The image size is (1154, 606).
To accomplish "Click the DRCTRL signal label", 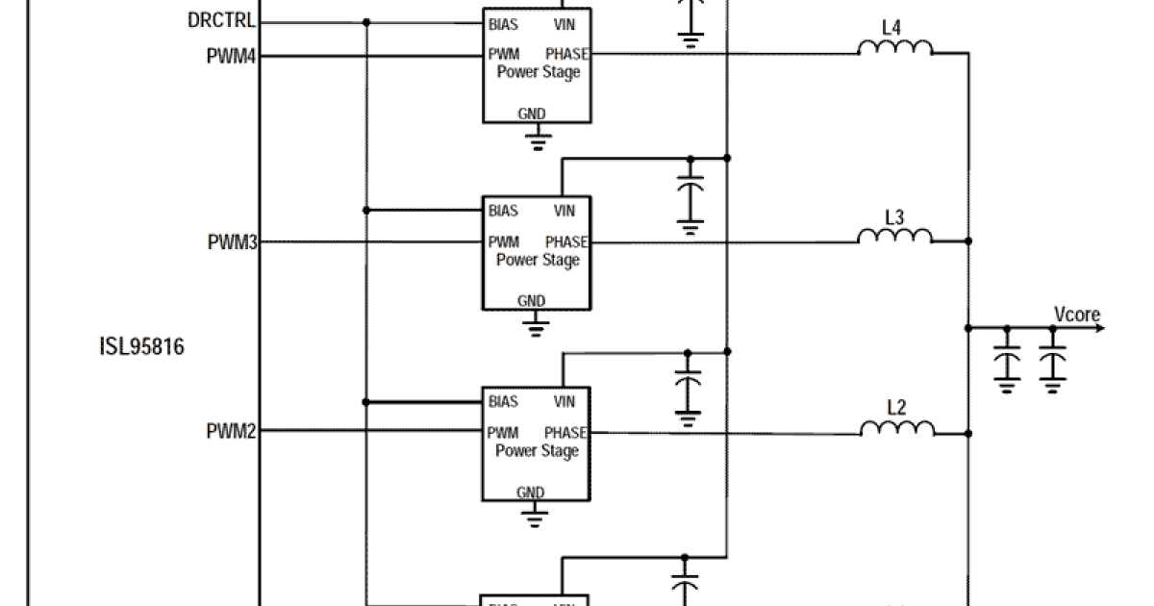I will (x=222, y=20).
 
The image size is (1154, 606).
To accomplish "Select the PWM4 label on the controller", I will (x=231, y=56).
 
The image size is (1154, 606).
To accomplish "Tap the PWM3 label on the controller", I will (x=232, y=241).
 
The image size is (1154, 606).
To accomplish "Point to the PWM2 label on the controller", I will (x=231, y=431).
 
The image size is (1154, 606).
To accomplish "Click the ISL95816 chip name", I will (x=141, y=346).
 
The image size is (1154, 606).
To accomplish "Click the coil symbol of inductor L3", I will (x=895, y=237).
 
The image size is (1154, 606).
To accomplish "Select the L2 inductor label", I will (x=895, y=407).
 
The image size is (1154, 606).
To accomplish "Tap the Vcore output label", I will (x=1076, y=315).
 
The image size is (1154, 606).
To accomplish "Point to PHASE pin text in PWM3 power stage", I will (x=566, y=242).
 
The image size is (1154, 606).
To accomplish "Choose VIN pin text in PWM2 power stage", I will (x=564, y=402).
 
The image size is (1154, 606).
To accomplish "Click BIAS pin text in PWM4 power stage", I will (x=502, y=24).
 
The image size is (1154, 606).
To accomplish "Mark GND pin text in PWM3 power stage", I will (x=531, y=301).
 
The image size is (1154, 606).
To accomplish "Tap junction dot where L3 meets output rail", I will (x=967, y=240).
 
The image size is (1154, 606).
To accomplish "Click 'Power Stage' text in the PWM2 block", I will (x=538, y=451).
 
